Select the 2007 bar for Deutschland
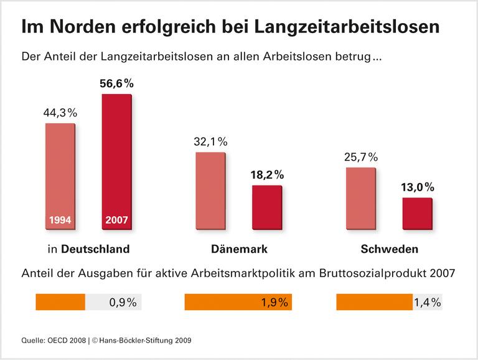[116, 162]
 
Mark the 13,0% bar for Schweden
[417, 214]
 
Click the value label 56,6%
[116, 83]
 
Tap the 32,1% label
[210, 141]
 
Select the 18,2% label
[267, 174]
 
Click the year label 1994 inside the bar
[60, 220]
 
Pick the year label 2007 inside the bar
[116, 220]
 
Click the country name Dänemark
[238, 249]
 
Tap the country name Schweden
[389, 249]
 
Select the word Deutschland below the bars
[95, 249]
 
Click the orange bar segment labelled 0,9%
[60, 303]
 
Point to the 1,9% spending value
[274, 303]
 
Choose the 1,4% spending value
[427, 303]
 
